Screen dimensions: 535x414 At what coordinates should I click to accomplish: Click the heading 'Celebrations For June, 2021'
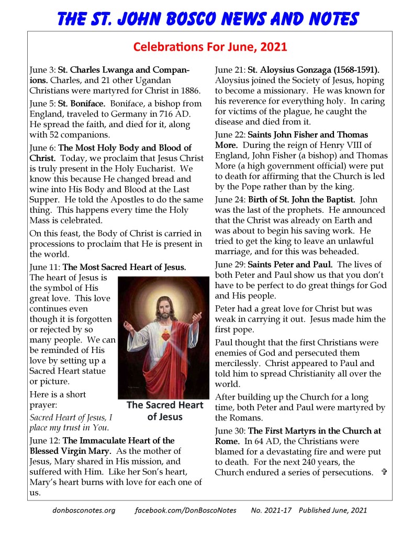click(x=210, y=47)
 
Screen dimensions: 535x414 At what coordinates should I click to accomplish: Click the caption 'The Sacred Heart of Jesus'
click(x=164, y=411)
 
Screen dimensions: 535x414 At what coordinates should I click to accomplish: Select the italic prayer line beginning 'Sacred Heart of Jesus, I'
click(x=71, y=417)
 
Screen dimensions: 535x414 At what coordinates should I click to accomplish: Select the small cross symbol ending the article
click(x=384, y=472)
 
